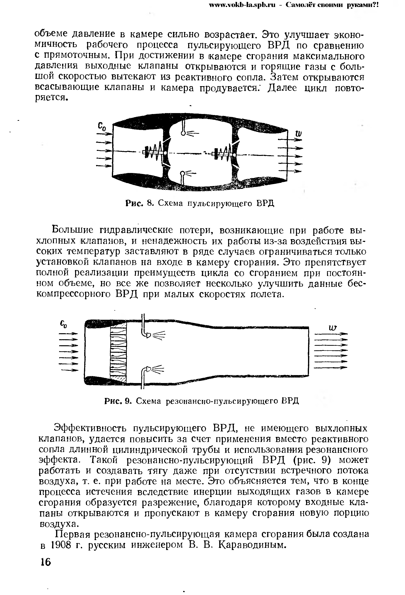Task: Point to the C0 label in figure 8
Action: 101,127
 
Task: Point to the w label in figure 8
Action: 298,134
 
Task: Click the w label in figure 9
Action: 333,328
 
